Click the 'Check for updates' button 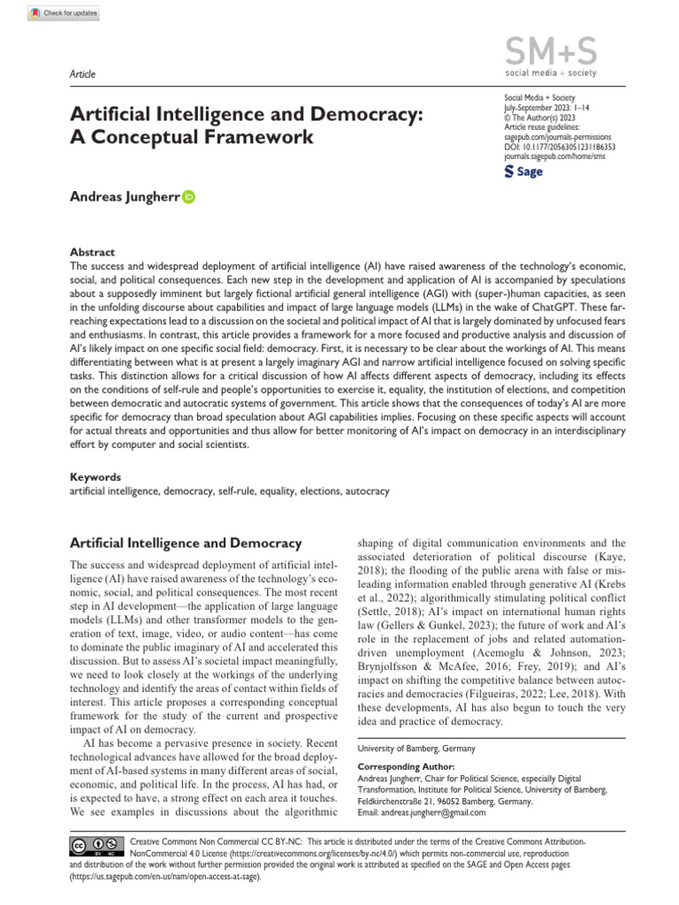coord(64,14)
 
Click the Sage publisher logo coord(523,171)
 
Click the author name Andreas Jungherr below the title coord(125,198)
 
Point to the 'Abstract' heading coord(92,252)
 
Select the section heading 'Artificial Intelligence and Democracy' coord(186,543)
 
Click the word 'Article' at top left coord(82,74)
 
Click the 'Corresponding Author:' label coord(406,766)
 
